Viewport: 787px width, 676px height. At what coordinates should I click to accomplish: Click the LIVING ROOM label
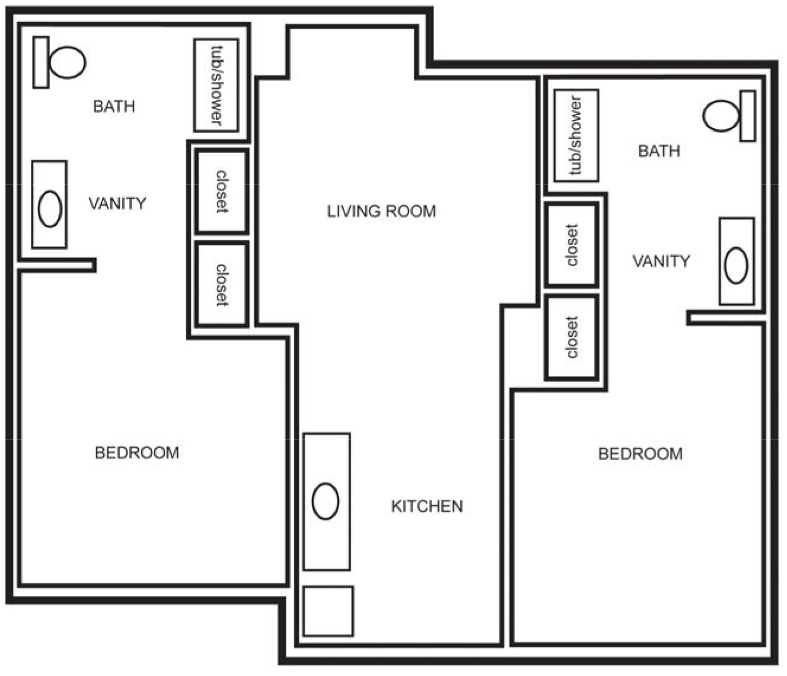tap(381, 211)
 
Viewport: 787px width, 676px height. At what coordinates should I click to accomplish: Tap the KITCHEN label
tap(427, 506)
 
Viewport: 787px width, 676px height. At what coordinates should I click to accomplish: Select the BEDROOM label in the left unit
tap(137, 453)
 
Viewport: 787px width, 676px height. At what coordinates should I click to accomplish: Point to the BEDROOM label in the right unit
tap(640, 454)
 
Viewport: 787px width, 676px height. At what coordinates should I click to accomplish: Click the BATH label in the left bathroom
tap(114, 107)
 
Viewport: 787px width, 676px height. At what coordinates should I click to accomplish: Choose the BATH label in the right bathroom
tap(659, 151)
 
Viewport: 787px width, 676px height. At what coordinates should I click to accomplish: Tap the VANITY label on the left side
tap(117, 204)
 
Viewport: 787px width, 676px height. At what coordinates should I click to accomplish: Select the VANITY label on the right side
tap(661, 262)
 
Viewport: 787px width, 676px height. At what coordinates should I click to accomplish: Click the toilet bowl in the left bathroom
tap(66, 62)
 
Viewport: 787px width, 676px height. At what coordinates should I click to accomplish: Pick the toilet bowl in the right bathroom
tap(721, 116)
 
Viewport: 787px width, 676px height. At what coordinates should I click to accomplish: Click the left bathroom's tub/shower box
tap(216, 85)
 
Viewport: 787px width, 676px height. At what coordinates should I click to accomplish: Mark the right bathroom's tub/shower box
tap(576, 136)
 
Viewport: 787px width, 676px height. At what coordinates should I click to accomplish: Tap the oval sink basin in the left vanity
tap(50, 208)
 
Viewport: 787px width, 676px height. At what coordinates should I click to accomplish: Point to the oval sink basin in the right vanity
tap(736, 265)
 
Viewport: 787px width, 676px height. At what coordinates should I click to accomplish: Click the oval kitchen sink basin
tap(325, 501)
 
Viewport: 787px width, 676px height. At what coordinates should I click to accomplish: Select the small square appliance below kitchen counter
tap(328, 611)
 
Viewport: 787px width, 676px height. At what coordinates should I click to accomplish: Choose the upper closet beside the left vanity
tap(221, 192)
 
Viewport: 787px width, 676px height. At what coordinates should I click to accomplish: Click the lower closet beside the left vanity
tap(221, 284)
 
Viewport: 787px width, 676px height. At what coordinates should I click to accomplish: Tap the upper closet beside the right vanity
tap(571, 245)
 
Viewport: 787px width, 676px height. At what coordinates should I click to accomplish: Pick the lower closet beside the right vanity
tap(571, 337)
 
